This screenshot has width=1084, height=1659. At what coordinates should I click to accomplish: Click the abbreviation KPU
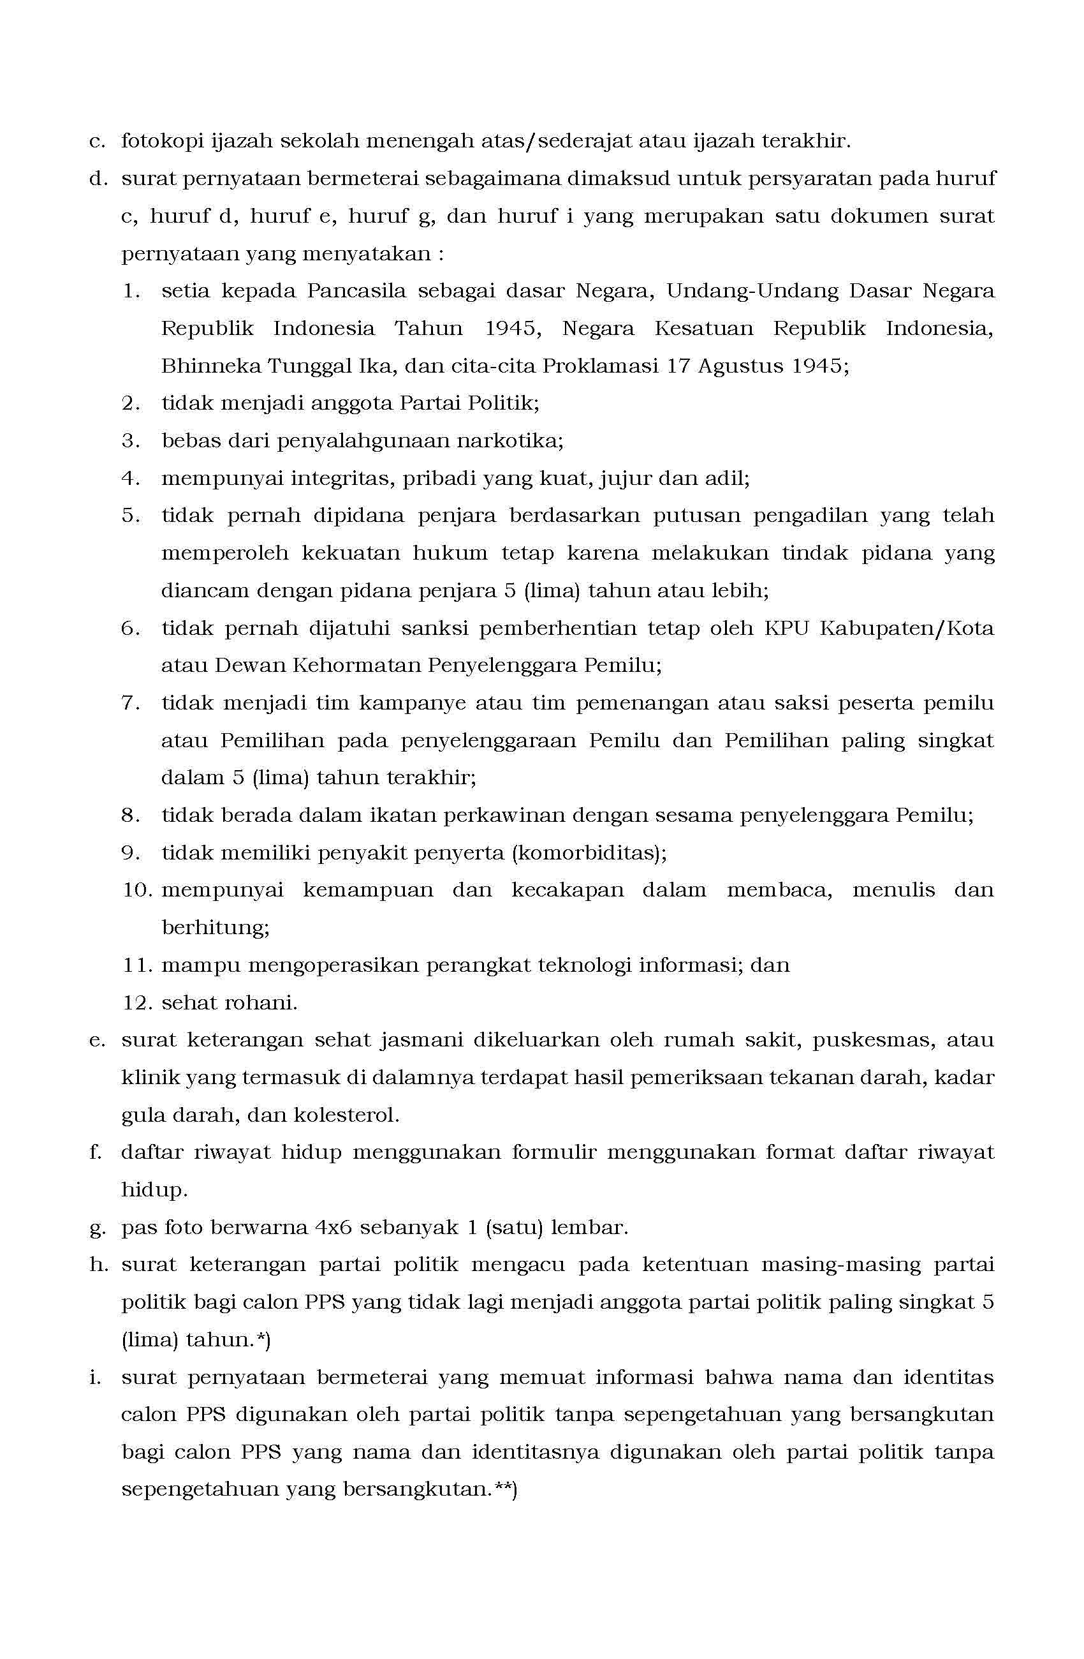786,629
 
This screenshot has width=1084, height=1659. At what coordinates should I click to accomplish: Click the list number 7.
130,703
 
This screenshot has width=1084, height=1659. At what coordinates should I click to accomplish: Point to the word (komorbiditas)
589,853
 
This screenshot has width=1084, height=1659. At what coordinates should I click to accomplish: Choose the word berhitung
216,928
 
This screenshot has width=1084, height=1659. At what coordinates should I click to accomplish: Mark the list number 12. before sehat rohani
137,1003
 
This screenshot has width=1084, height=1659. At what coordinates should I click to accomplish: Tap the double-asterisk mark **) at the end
504,1490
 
